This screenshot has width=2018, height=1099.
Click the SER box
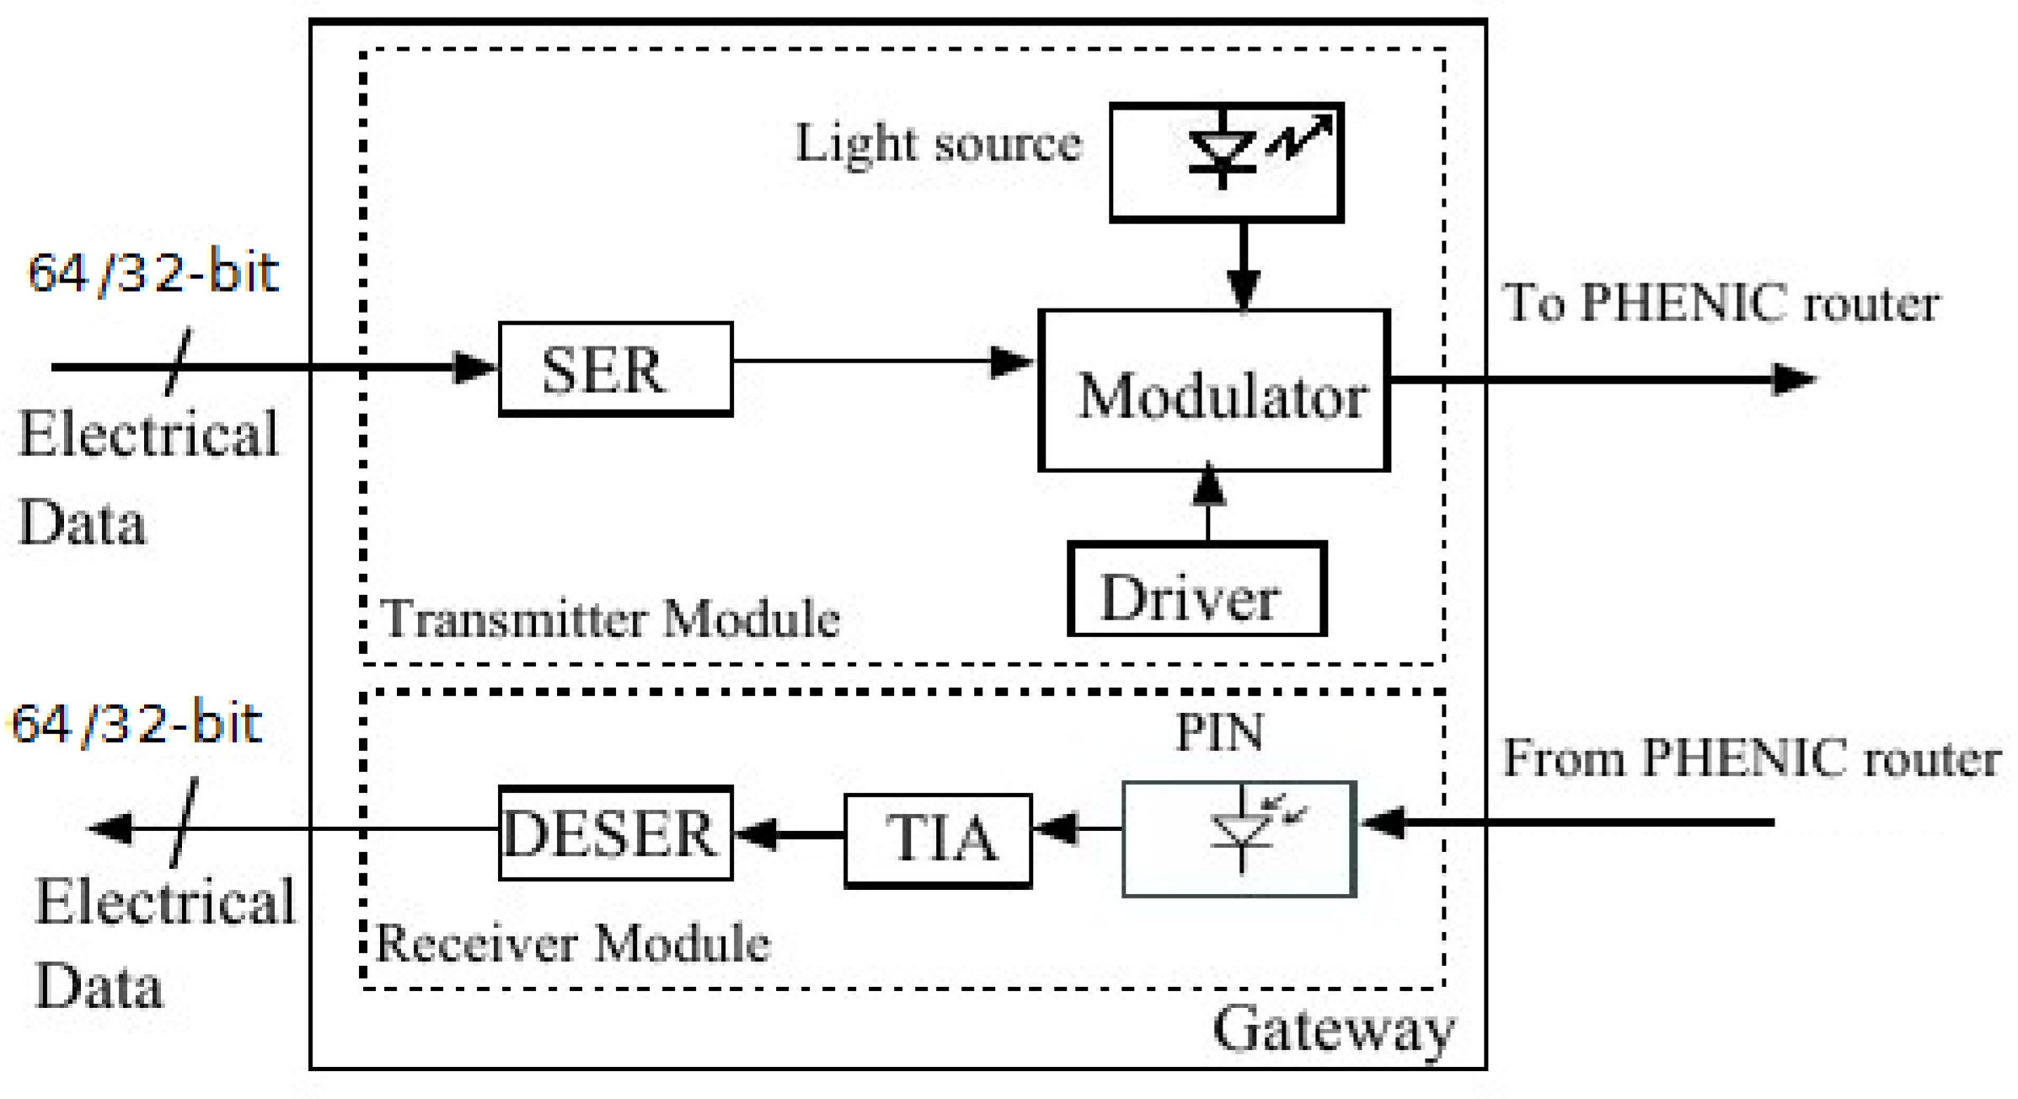615,369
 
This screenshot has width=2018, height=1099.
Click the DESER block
615,834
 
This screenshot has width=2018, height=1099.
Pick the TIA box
938,839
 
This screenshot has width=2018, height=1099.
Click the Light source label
938,143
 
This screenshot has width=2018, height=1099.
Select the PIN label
1219,732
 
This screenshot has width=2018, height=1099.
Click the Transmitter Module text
610,619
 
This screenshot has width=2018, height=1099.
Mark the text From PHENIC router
1751,758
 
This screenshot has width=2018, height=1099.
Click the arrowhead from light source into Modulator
1244,289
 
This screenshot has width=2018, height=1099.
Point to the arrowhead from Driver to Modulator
1209,486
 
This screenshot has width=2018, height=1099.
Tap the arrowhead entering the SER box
474,367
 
